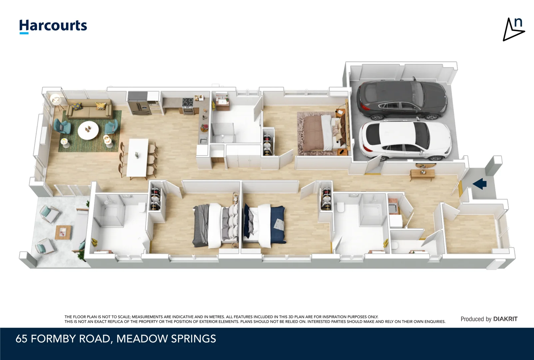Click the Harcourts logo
click(x=53, y=26)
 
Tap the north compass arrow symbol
click(x=513, y=30)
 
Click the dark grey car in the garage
click(x=402, y=100)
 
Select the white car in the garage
click(x=404, y=139)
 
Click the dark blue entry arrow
click(x=480, y=184)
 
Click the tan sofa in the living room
click(x=89, y=109)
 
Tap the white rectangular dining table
click(x=138, y=158)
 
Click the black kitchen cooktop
click(x=188, y=102)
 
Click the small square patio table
click(x=63, y=232)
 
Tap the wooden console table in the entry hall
click(x=422, y=174)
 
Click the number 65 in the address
click(x=21, y=339)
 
